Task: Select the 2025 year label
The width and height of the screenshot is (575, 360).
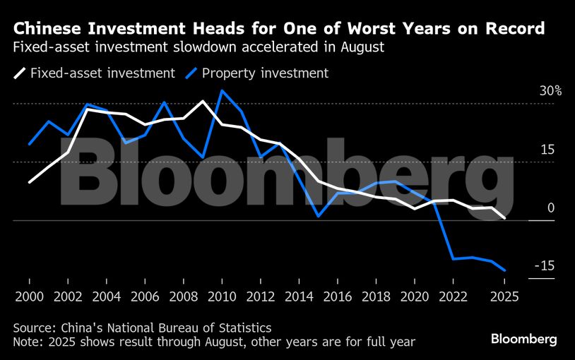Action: (504, 296)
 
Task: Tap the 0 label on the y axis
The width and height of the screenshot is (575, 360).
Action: (551, 208)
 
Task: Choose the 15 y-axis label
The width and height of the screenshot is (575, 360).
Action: (547, 150)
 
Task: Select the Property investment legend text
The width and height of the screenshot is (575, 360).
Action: (265, 73)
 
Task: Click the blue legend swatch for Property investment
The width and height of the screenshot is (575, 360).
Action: (191, 73)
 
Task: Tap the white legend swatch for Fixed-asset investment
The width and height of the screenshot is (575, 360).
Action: (19, 73)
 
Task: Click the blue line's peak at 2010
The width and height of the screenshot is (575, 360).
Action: (222, 90)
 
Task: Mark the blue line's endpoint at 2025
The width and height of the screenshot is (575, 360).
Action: (504, 270)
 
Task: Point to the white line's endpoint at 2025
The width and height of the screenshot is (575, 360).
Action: (504, 218)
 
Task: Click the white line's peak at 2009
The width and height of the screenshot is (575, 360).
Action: (203, 101)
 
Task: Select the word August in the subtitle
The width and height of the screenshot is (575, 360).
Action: (363, 49)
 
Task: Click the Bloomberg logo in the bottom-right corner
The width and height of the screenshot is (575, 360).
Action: (524, 340)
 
